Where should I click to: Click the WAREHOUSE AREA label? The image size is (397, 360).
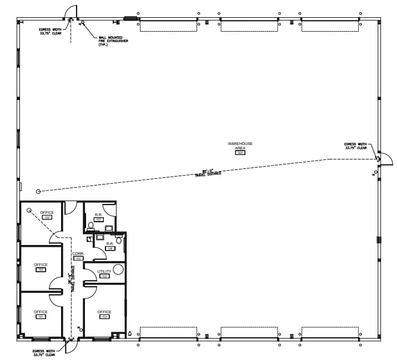240,146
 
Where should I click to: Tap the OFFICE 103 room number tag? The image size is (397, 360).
47,217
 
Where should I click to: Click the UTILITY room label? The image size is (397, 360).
104,271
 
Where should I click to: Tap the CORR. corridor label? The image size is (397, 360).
78,253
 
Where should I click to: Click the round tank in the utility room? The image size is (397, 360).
118,269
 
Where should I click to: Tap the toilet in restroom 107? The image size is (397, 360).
91,226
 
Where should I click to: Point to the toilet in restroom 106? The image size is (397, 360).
118,240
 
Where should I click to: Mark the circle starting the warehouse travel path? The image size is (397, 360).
38,191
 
